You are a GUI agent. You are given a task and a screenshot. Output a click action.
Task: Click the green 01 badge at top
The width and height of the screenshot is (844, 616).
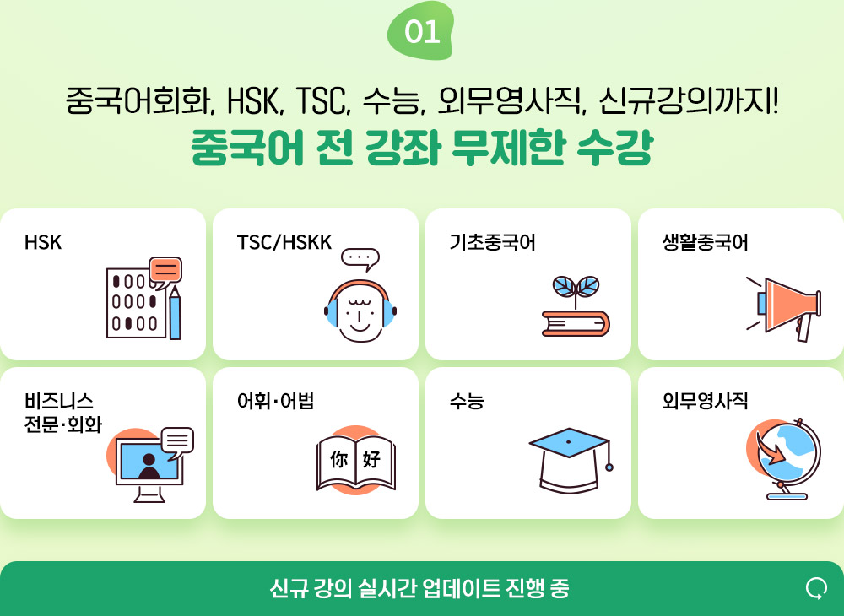(x=421, y=31)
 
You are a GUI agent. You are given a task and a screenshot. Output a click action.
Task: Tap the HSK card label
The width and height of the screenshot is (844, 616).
(x=43, y=243)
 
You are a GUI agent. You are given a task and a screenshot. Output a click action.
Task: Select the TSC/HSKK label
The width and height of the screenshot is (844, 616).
(x=284, y=243)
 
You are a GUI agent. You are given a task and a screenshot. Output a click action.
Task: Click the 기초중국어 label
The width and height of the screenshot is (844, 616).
(x=493, y=243)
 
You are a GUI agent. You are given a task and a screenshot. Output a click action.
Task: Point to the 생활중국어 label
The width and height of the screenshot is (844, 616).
(x=705, y=243)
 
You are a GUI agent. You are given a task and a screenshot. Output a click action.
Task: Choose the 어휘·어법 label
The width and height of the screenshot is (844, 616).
(x=276, y=401)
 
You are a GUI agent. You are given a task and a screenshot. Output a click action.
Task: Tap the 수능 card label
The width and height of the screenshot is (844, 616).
(x=467, y=401)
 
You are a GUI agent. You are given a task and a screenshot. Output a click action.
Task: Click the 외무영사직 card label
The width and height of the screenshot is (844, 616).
(x=705, y=401)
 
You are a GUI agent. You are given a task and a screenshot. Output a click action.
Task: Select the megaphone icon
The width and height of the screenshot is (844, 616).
(x=785, y=308)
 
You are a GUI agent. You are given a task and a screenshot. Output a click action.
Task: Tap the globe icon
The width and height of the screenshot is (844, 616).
(x=785, y=459)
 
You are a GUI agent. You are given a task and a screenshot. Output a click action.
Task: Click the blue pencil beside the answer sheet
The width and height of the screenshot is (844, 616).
(x=175, y=313)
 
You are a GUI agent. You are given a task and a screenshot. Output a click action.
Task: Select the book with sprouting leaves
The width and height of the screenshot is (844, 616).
(x=576, y=306)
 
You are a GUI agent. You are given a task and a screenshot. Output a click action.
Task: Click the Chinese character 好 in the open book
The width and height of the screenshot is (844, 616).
(x=372, y=459)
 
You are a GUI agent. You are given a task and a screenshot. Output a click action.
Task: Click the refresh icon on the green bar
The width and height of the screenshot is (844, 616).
(x=816, y=588)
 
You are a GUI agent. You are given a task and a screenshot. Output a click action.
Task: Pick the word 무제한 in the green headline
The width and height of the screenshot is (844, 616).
(x=509, y=148)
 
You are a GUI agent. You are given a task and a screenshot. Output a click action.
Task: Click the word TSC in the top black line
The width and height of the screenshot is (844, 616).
(x=322, y=101)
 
